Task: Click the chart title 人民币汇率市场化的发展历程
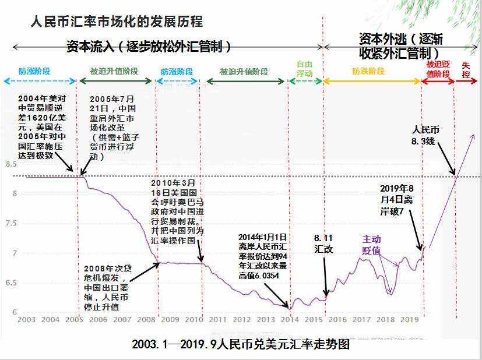click(x=117, y=22)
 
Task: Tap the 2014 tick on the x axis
click(x=289, y=319)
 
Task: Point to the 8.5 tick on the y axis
click(x=11, y=165)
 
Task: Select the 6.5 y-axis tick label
click(x=11, y=283)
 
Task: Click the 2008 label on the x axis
click(x=146, y=319)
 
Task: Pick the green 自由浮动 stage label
click(x=305, y=69)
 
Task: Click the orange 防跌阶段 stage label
click(x=368, y=71)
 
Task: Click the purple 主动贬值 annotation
click(x=371, y=245)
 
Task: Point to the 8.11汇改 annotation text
click(x=324, y=243)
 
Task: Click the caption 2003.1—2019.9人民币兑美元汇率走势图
click(x=241, y=344)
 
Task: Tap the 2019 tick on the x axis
click(x=409, y=319)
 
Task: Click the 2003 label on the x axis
click(x=26, y=319)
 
